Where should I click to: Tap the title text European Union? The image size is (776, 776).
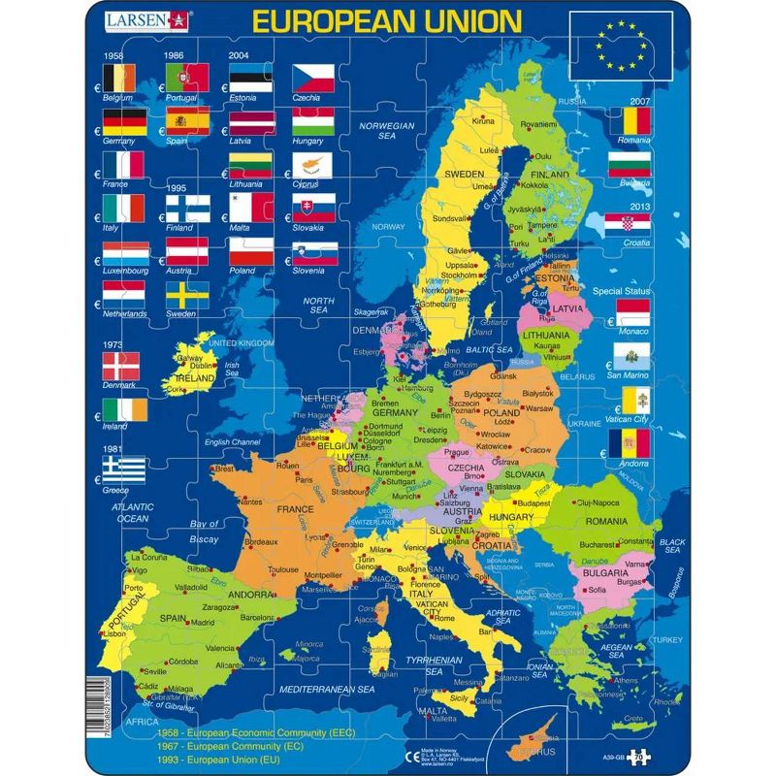[x=385, y=20]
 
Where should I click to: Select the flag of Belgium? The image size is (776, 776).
[x=124, y=77]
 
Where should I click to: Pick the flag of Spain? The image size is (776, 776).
[x=187, y=119]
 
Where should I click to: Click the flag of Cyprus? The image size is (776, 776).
[x=313, y=163]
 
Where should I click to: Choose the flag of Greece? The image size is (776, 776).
[x=124, y=470]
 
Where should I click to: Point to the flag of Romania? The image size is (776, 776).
[x=629, y=121]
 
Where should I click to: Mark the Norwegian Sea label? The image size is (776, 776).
[x=387, y=131]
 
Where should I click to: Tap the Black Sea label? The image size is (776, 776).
[x=671, y=546]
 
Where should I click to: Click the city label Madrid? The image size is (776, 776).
[x=202, y=622]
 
